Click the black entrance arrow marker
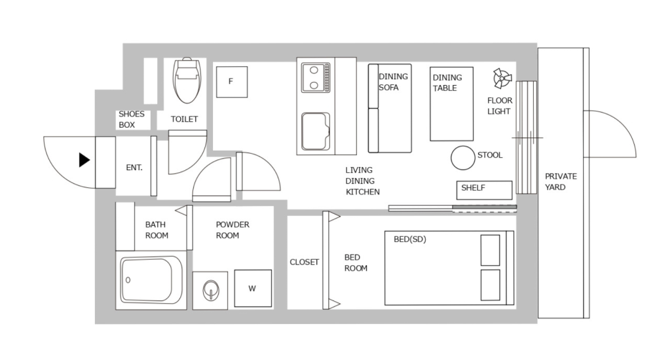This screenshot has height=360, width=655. pos(84,160)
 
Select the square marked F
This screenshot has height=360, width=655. pos(231,82)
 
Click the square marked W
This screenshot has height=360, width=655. pos(252,288)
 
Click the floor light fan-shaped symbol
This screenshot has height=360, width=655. pos(502,79)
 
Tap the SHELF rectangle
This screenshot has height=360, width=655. pos(484,190)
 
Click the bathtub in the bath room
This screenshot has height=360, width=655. pos(151,280)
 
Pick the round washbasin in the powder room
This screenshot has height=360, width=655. pos(212,289)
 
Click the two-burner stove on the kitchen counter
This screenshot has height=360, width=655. pos(316,77)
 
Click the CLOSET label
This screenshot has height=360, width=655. pos(304,262)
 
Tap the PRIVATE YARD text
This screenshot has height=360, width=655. pos(561,181)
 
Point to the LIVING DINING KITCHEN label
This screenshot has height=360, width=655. pos(362,181)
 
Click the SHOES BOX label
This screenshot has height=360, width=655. pos(132,119)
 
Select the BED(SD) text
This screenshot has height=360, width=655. pos(409,239)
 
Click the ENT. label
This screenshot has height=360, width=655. pos(134,168)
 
